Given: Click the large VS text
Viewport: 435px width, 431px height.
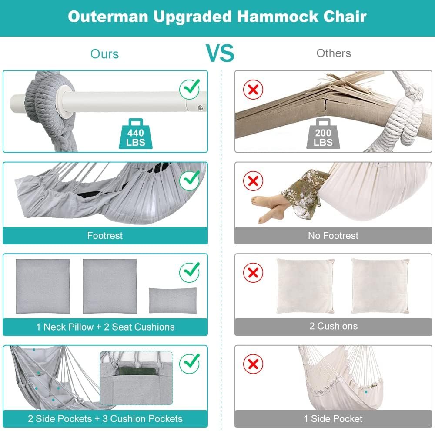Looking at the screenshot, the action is pos(220,53).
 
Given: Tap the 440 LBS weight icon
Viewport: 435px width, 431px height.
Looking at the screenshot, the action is pos(136,134).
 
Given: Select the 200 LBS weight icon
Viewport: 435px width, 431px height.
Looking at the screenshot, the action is pos(323,134).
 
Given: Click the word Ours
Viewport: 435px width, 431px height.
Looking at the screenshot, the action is pos(104,54).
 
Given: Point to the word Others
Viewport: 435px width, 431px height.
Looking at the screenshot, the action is pos(334,53).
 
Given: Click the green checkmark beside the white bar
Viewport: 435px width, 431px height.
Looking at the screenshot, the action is pos(190,89).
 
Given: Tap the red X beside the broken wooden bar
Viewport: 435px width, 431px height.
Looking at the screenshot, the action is pos(253,89).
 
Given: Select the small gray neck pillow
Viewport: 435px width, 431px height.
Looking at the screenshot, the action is pos(173,301).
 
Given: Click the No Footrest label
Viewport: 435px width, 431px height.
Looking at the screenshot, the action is pos(333,236).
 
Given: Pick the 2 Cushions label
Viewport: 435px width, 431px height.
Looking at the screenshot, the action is pos(334,326).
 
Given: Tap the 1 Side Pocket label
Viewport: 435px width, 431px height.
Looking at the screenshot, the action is pos(333,418).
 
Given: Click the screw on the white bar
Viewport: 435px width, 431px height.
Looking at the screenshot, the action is pos(200,107).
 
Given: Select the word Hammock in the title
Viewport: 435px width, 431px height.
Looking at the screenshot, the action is pos(278,17).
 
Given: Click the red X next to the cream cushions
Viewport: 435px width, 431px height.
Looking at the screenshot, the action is pos(253,272).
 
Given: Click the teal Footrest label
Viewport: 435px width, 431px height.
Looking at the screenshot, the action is pos(105,236).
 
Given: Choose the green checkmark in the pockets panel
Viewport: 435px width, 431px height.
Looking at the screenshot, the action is pos(190,363).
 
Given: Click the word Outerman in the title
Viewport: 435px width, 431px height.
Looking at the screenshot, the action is pos(108,17).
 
